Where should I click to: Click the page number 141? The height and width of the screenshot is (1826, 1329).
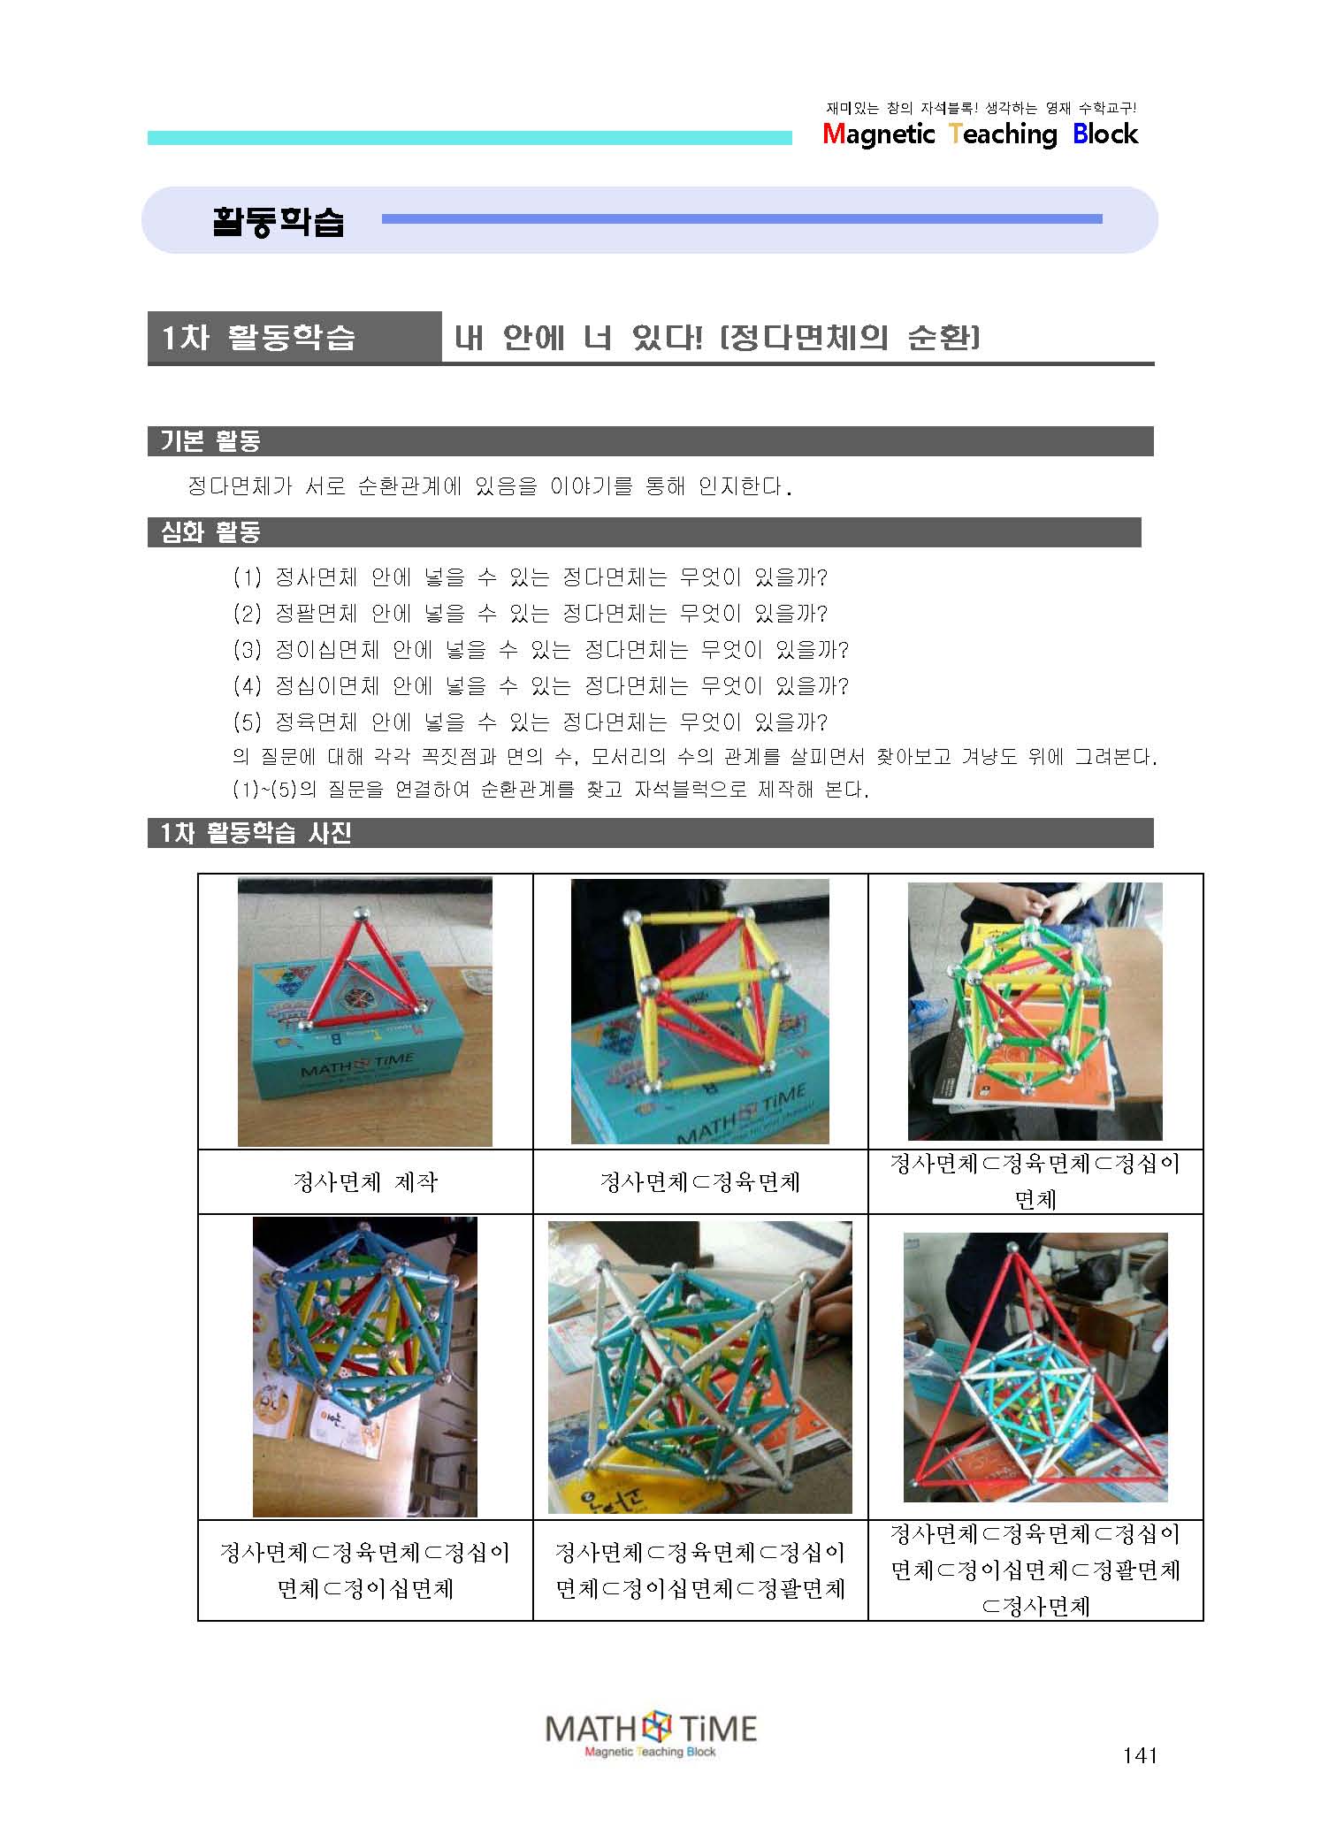(x=1139, y=1755)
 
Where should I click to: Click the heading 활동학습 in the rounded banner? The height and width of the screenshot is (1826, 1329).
(x=278, y=221)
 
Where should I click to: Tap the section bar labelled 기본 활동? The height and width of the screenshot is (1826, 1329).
(x=650, y=441)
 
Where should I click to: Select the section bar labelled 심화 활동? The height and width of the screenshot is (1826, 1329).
(x=644, y=532)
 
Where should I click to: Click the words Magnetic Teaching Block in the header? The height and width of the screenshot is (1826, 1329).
(x=980, y=134)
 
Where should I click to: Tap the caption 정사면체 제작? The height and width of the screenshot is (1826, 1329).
(x=365, y=1182)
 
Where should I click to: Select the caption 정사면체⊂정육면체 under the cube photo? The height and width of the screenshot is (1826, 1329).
(x=699, y=1182)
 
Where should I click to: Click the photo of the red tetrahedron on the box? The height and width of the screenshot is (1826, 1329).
(x=365, y=1012)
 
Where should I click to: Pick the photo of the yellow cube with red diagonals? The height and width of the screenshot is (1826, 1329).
(x=699, y=1011)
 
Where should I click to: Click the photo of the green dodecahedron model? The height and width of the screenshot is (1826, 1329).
(x=1035, y=1011)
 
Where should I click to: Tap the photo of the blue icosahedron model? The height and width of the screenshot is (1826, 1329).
(x=365, y=1367)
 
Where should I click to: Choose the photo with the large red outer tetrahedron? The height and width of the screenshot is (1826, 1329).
(x=1035, y=1367)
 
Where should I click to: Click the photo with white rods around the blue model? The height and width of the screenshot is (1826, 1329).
(x=700, y=1367)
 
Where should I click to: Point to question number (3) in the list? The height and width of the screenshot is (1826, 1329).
(x=248, y=650)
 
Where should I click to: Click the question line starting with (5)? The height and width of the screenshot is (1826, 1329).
(x=531, y=722)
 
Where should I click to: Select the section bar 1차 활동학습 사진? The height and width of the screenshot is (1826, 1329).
(x=650, y=833)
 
